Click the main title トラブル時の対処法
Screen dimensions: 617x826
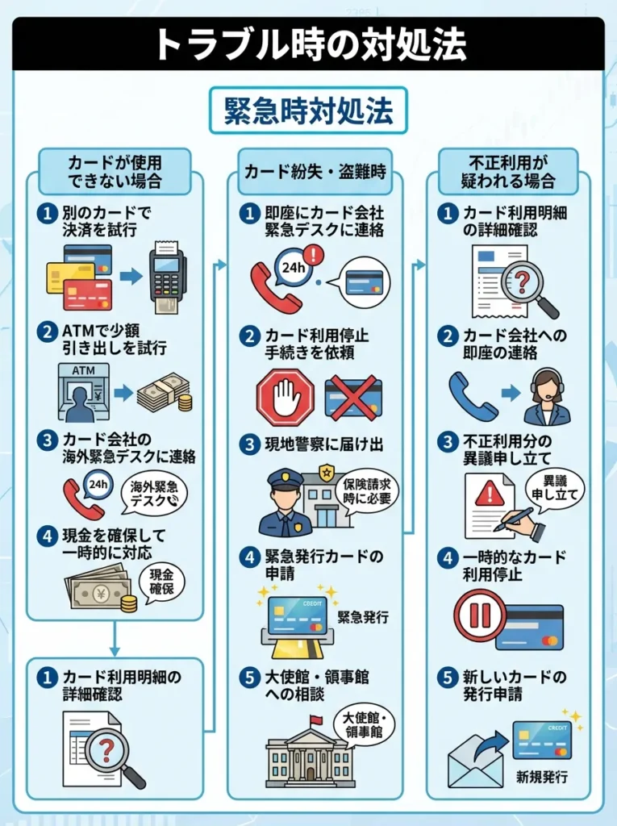[x=311, y=45]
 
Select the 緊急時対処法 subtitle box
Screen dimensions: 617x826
[x=308, y=111]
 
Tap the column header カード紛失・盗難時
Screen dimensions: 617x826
[x=315, y=172]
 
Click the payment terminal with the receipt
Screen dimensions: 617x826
[x=168, y=278]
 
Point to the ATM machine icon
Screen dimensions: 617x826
[x=85, y=392]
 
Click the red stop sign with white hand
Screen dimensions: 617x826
[x=285, y=397]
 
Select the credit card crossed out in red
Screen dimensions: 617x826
[x=352, y=398]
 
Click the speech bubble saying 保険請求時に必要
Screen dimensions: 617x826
[x=367, y=491]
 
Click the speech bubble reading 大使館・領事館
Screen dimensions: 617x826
[x=365, y=725]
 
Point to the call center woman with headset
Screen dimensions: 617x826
[x=547, y=395]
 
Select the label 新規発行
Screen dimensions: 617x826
[x=542, y=777]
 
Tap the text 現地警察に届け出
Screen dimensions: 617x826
[x=324, y=444]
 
